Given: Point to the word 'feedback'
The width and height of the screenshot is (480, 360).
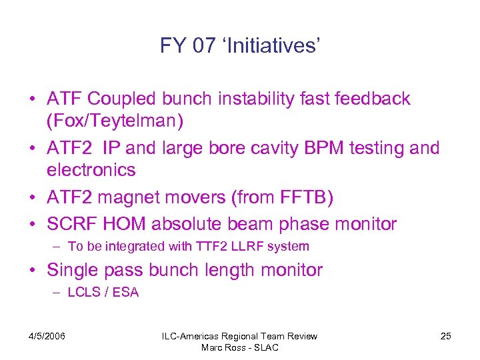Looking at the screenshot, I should [x=373, y=99].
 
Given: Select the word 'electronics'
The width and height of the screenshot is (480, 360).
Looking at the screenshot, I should [x=91, y=169].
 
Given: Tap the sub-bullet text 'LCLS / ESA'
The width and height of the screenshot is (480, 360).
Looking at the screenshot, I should [x=103, y=293].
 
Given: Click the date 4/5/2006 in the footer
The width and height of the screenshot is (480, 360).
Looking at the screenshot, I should [x=47, y=336].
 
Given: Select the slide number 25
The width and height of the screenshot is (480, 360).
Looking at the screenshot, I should [x=445, y=336].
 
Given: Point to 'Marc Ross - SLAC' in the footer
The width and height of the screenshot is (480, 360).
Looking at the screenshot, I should [x=240, y=347].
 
